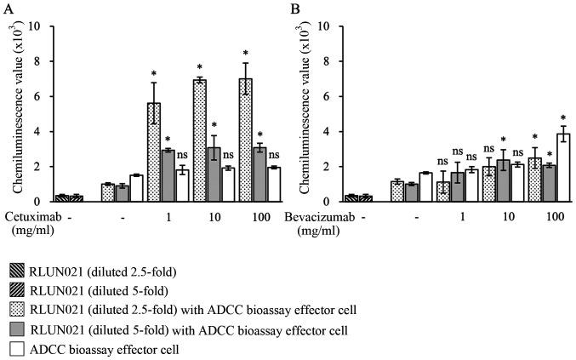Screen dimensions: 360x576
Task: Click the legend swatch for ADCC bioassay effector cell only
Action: point(16,348)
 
